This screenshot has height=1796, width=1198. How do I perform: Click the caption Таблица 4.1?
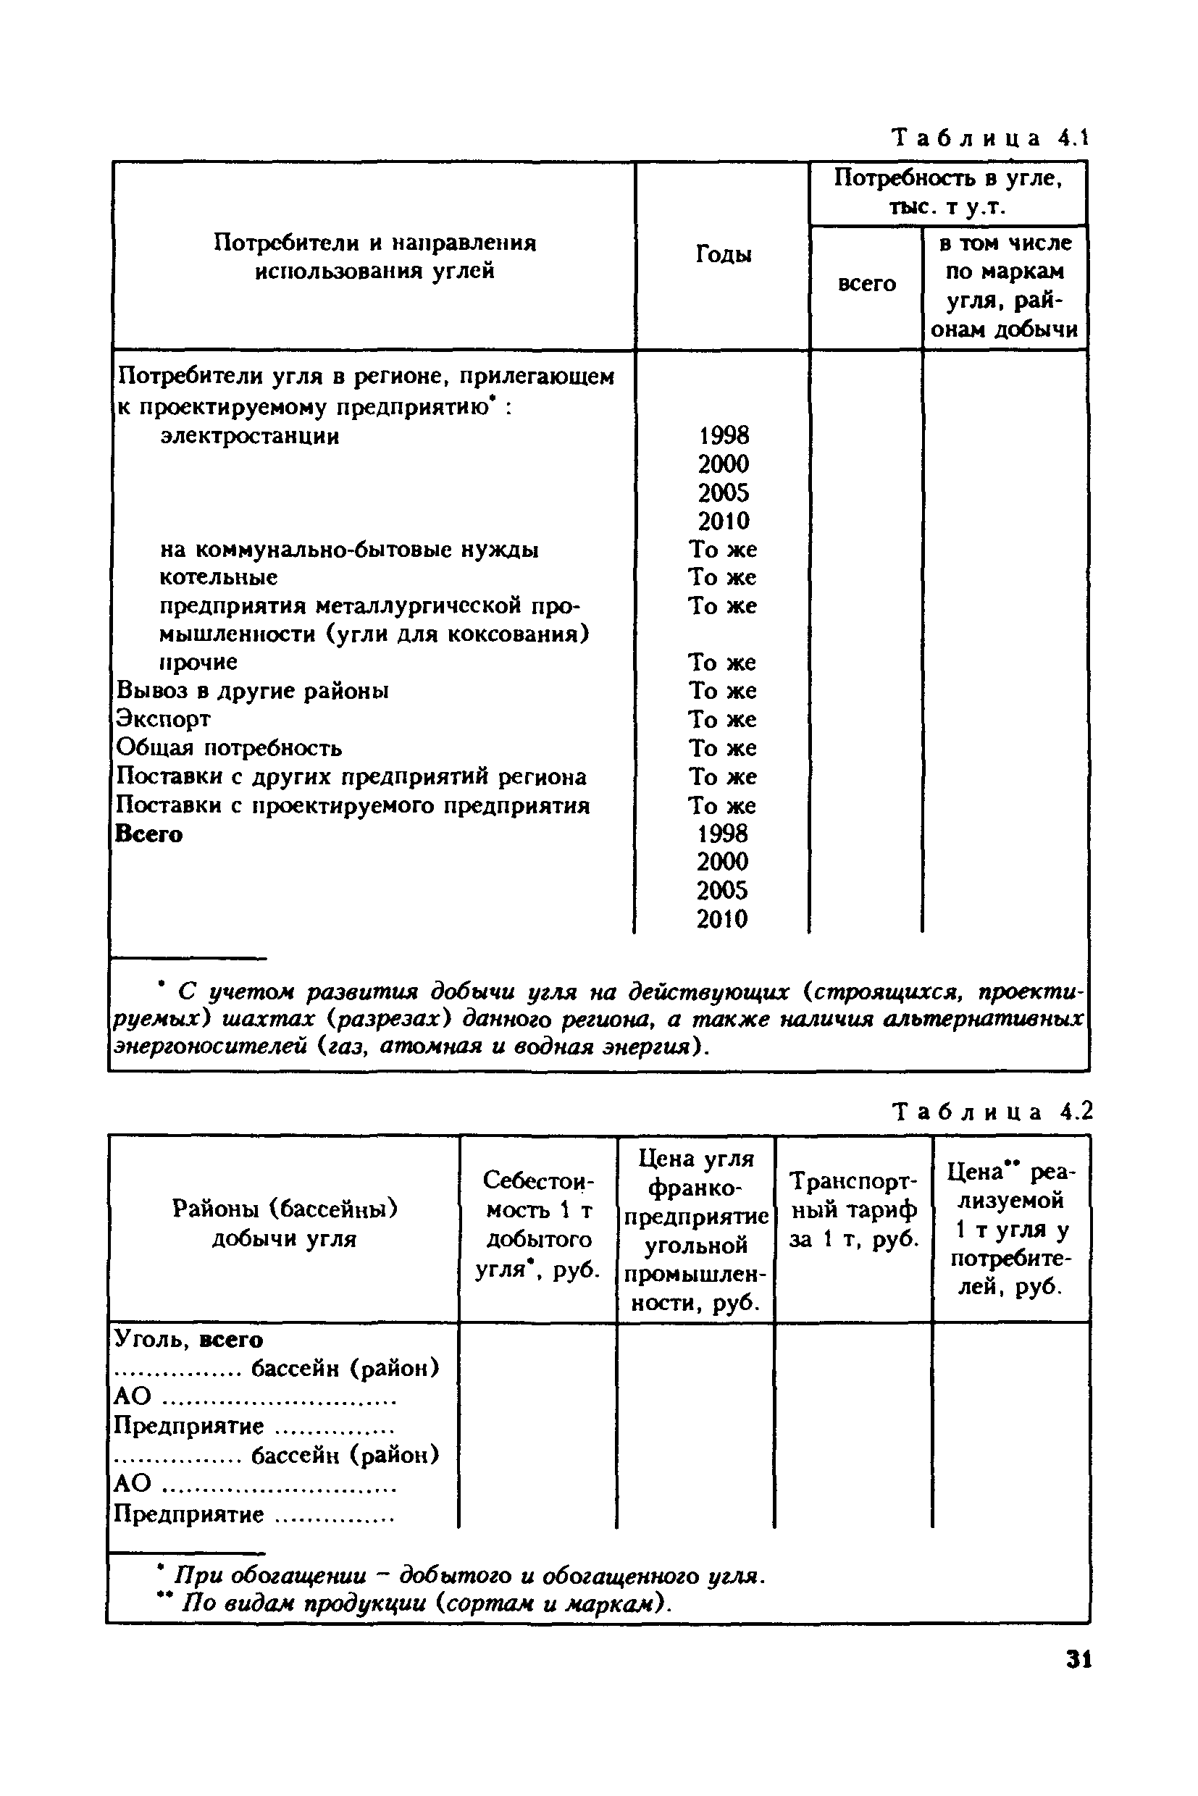(x=989, y=139)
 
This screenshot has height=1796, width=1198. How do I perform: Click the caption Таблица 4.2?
(x=992, y=1112)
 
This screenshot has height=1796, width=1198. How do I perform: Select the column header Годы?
(x=723, y=254)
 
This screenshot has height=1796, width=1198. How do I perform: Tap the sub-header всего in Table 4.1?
(x=866, y=283)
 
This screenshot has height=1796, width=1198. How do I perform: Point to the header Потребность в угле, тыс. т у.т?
(x=948, y=193)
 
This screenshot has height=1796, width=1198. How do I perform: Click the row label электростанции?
(x=250, y=436)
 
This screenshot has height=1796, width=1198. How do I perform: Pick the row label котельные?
(x=219, y=576)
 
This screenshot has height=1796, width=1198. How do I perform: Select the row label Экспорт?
(x=163, y=719)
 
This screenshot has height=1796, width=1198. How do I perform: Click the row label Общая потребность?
(x=229, y=747)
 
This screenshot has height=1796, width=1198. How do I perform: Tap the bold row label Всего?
(x=149, y=834)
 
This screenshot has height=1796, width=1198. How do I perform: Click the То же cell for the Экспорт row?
(x=722, y=719)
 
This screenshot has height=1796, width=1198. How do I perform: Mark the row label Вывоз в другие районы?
(x=252, y=691)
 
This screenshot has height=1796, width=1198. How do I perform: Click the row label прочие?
(x=198, y=662)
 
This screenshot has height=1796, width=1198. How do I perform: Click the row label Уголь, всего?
(x=188, y=1340)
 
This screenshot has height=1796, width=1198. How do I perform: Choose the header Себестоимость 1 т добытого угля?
(x=538, y=1225)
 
